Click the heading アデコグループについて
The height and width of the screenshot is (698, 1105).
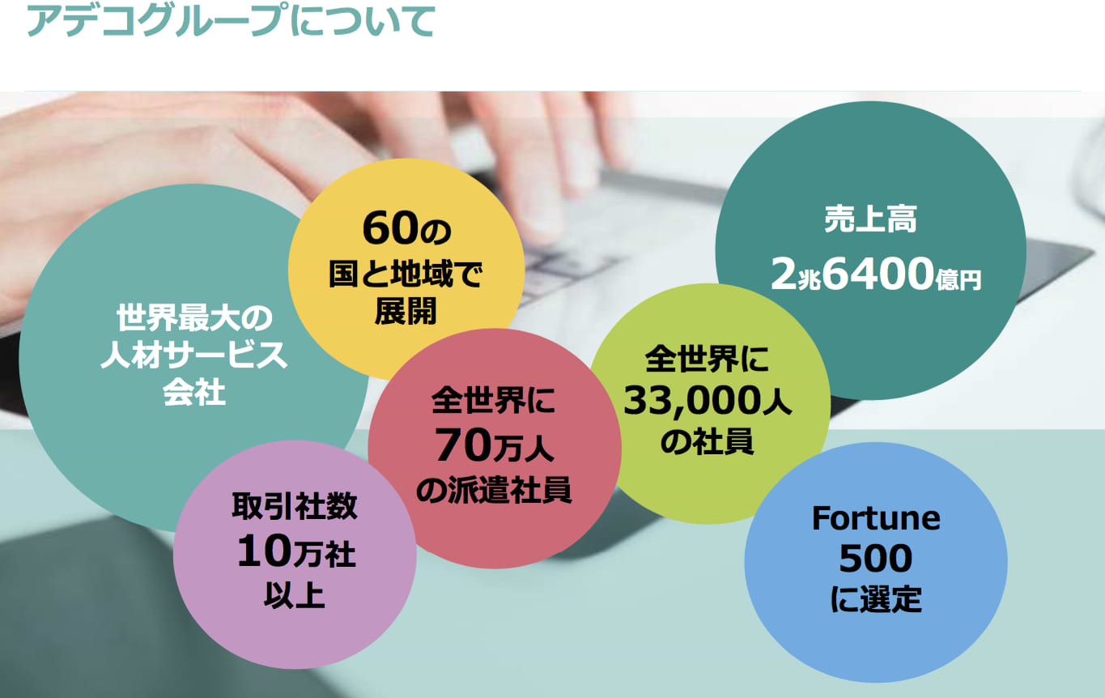point(231,21)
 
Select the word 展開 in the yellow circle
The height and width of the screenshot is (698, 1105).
point(406,311)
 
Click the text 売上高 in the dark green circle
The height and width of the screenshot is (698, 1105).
point(871,219)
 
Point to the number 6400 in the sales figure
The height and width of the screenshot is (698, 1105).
point(878,274)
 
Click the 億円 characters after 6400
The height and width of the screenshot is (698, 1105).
point(958,279)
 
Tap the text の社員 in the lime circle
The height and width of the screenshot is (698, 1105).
point(707,441)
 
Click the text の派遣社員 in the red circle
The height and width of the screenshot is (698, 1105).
point(494,489)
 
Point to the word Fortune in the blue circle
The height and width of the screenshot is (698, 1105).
point(876,518)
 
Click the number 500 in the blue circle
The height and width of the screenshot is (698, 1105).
point(876,559)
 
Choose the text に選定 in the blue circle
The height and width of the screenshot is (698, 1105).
point(876,599)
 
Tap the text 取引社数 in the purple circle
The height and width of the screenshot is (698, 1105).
point(295,506)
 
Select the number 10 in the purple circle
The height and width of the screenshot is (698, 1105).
point(265,551)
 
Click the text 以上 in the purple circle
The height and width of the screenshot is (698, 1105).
point(295,594)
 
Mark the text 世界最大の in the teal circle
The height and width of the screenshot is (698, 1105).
point(194,317)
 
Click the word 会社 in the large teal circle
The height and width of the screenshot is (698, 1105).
point(194,393)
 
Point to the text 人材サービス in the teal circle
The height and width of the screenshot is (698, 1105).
point(193,355)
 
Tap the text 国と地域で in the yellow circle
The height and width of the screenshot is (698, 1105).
point(406,274)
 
